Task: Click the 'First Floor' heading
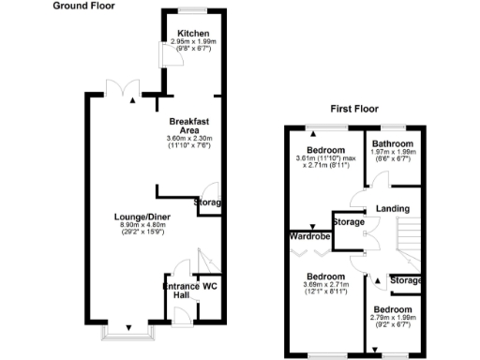point(353,110)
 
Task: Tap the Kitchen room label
point(193,33)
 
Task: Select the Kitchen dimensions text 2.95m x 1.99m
point(193,42)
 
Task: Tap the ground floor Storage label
point(208,202)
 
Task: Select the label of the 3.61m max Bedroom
point(325,150)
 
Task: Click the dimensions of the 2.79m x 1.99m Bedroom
point(393,318)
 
